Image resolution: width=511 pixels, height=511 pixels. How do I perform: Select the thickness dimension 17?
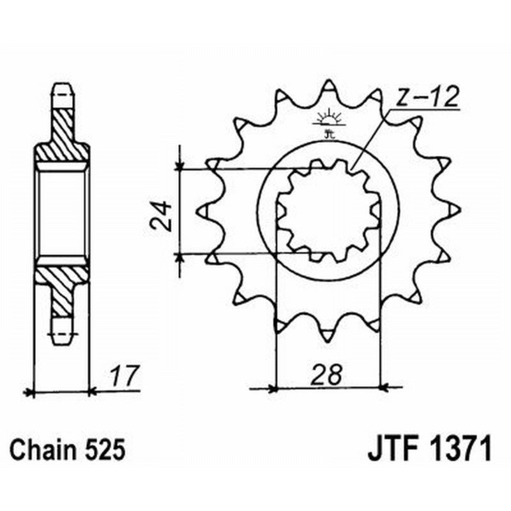123,376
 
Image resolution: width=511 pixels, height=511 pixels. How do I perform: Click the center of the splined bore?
328,210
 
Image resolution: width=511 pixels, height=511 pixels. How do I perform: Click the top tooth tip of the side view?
61,88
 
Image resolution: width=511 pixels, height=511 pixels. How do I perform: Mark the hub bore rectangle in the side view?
61,210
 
